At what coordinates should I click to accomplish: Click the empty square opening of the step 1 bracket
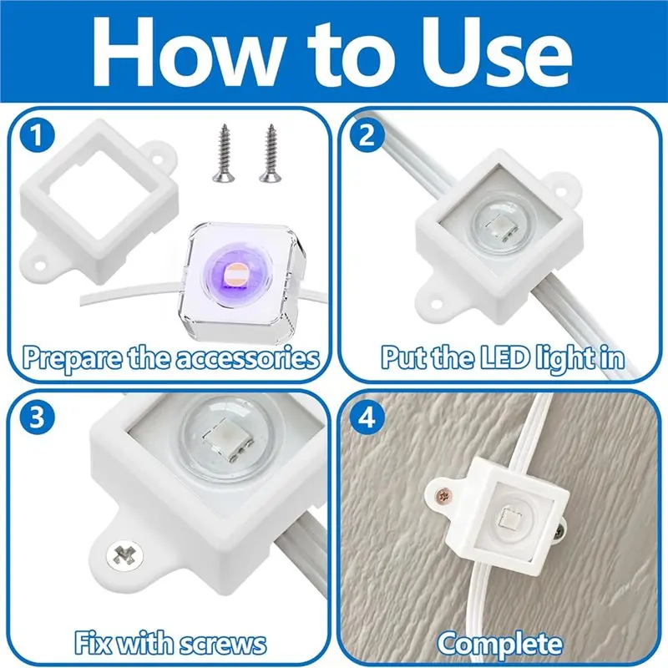point(86,185)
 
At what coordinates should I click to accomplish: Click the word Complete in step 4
point(500,644)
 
